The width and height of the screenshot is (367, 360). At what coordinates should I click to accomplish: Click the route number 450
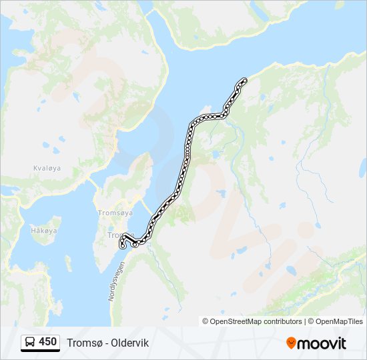pos(47,342)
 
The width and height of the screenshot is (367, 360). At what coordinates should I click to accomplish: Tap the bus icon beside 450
pos(31,343)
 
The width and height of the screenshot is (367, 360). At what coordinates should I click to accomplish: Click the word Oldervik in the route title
pos(130,343)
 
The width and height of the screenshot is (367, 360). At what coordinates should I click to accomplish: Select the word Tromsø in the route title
pos(82,343)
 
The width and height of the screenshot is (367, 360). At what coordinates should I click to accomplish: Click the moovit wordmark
pos(322,343)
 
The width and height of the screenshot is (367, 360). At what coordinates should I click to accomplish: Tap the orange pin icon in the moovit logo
pos(291,343)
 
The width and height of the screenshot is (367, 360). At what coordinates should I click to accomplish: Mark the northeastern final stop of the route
pos(244,80)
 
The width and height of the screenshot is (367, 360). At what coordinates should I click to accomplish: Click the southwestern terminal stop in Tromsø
pos(122,247)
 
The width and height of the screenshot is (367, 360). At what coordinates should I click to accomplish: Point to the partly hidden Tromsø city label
pos(115,235)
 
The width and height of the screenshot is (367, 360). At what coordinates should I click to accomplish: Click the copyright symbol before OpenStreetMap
pos(206,321)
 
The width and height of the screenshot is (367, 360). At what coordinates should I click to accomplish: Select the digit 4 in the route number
pos(42,342)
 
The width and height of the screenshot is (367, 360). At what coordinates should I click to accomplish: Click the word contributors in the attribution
pos(279,321)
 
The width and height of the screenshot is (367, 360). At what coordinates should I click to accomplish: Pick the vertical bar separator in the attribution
pos(305,321)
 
